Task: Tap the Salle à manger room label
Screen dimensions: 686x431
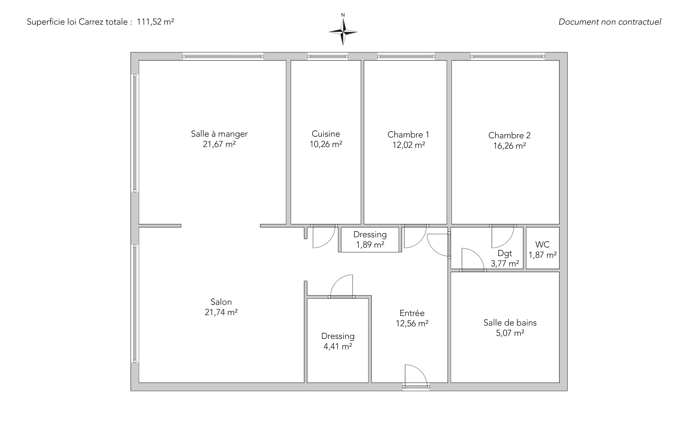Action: [x=219, y=134]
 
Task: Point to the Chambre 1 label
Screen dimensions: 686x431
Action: [x=408, y=135]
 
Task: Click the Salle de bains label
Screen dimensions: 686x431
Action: [x=510, y=322]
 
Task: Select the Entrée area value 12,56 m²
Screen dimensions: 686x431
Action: [x=412, y=323]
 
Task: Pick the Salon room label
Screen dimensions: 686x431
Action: [x=221, y=302]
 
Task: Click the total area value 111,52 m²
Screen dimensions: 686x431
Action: [x=155, y=22]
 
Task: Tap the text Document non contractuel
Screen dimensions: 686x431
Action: [x=610, y=22]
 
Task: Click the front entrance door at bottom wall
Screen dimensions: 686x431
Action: [x=416, y=376]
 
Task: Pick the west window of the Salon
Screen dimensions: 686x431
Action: [x=135, y=304]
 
